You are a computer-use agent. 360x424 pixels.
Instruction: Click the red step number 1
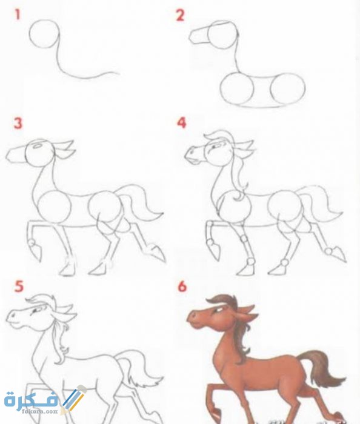(x=18, y=15)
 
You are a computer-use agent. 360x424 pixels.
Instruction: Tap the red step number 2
(x=180, y=15)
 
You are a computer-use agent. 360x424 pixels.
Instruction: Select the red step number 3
(x=18, y=124)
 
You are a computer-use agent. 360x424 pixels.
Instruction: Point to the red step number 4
(x=182, y=123)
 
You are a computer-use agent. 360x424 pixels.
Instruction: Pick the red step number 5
(x=19, y=287)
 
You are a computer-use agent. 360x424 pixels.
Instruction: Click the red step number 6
(x=182, y=287)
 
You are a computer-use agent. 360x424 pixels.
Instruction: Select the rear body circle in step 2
(x=288, y=89)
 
